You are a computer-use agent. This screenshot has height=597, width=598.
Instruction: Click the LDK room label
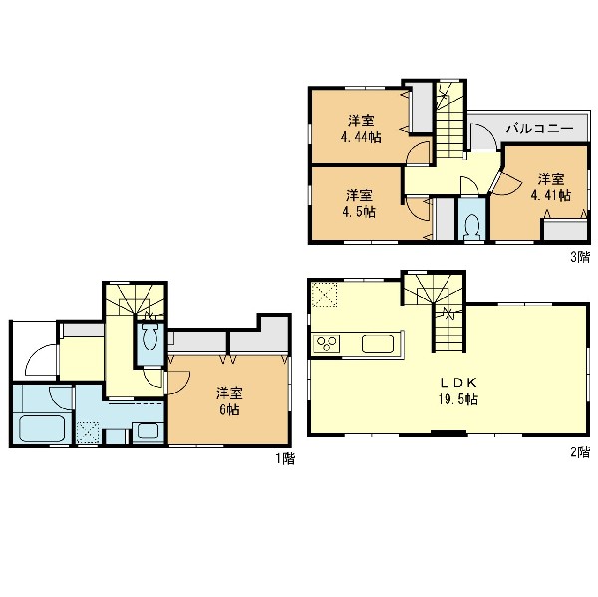458,383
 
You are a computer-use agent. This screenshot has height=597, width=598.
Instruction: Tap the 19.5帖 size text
458,399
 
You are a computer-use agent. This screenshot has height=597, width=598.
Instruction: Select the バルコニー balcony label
539,128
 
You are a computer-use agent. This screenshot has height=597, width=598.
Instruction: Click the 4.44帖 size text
361,137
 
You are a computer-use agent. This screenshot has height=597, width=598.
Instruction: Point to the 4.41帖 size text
551,195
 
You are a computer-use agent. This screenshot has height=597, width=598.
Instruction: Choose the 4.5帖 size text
359,211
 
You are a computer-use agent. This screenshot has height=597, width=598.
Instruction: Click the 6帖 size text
229,409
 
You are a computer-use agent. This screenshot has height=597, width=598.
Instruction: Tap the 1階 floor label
285,458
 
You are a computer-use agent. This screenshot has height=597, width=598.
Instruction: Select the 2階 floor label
580,452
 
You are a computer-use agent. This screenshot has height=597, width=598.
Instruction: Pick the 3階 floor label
580,257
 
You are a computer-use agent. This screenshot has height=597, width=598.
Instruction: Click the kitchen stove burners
327,343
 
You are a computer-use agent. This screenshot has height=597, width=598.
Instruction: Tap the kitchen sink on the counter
378,343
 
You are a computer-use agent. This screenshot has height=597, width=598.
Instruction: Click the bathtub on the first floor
42,428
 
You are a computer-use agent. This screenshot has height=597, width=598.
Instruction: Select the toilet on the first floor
149,337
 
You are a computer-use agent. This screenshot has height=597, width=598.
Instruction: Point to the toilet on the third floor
472,227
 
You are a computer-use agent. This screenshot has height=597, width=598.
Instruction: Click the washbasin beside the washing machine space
148,432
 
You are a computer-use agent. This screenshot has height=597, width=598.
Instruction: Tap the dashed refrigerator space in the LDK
324,294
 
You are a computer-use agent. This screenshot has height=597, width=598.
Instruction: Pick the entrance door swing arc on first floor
40,360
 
